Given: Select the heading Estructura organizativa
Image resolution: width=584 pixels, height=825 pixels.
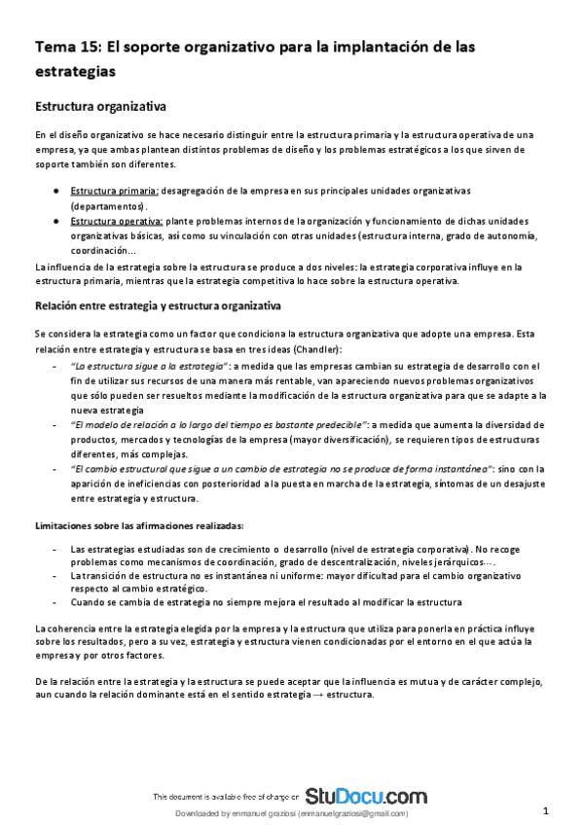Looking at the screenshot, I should point(100,105).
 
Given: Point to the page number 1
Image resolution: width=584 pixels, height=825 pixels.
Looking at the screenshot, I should point(547,810).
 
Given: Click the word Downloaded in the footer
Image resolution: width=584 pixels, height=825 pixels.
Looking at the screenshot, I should point(198,814).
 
